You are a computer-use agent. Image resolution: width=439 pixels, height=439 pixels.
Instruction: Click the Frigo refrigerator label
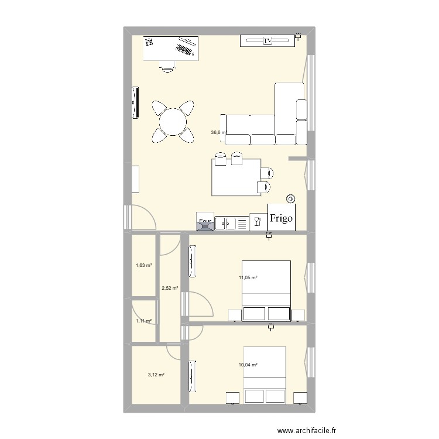(x=282, y=218)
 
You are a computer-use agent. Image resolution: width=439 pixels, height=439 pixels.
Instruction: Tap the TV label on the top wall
(x=267, y=40)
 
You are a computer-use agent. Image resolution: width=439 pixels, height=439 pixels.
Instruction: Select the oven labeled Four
(x=205, y=221)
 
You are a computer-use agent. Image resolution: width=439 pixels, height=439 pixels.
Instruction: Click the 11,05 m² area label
(x=248, y=278)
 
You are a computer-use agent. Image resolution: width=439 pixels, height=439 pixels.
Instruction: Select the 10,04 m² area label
(x=248, y=365)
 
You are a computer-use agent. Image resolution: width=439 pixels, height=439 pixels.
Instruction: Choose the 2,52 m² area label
(x=170, y=287)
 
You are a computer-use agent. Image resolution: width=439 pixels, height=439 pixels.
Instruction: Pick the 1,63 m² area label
(x=143, y=265)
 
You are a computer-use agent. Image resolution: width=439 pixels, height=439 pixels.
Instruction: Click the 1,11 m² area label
(x=143, y=321)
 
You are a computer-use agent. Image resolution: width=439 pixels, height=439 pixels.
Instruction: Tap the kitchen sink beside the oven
(x=231, y=222)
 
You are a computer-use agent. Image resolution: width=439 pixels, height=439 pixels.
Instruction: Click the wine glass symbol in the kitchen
(x=256, y=221)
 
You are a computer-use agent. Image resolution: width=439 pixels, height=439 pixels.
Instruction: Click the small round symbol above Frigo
(x=291, y=199)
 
